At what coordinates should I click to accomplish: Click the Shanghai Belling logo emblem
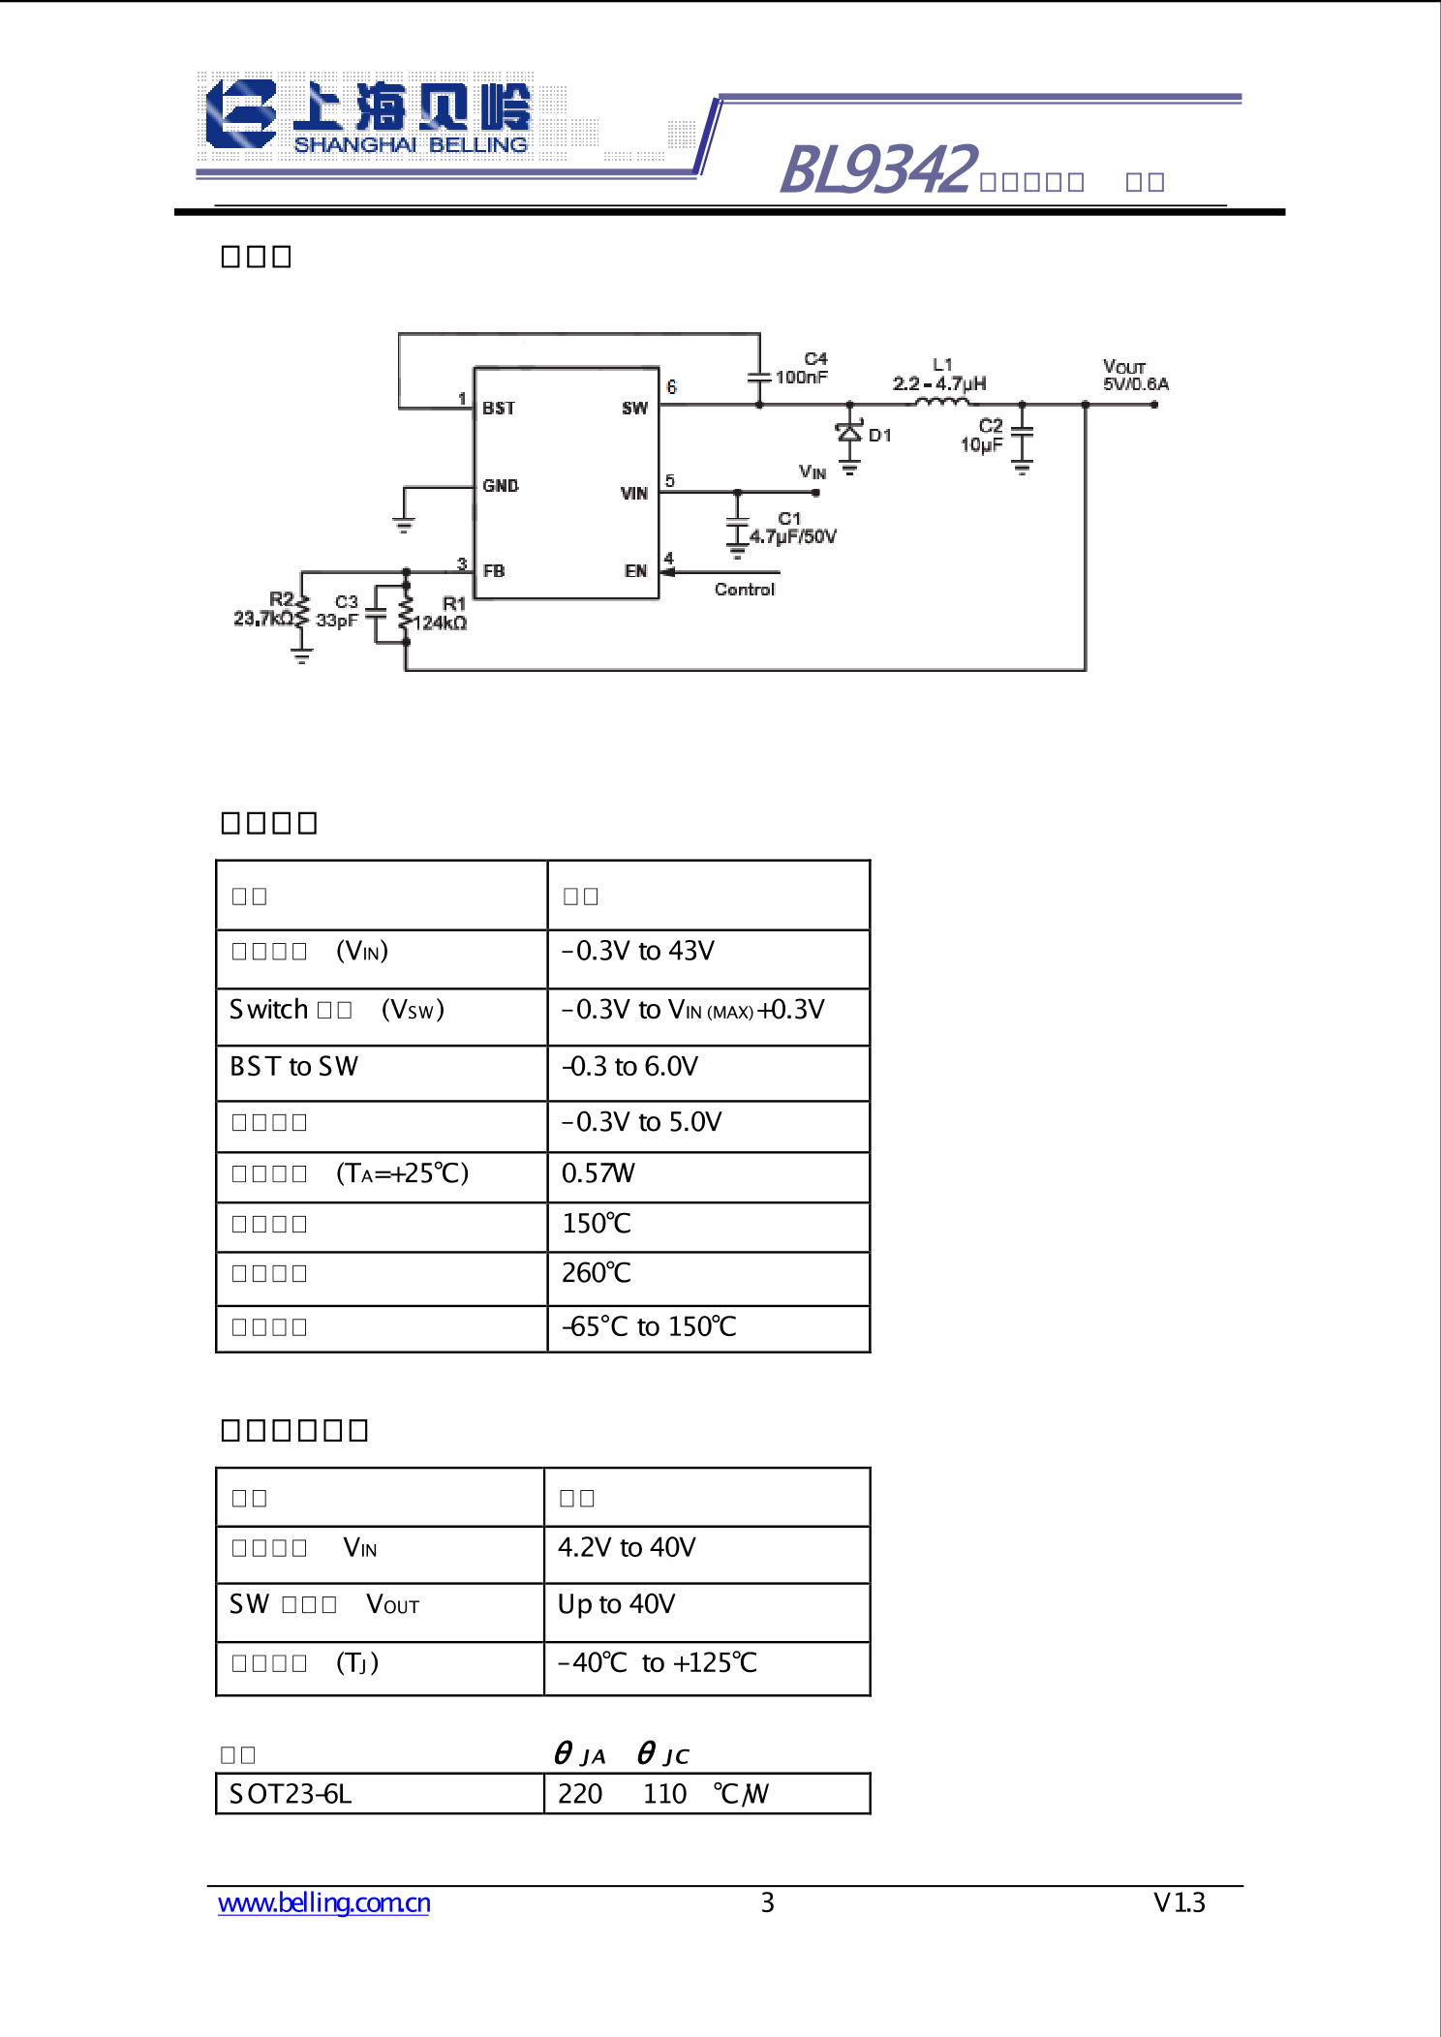tap(241, 114)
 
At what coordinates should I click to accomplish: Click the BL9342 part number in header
tap(877, 170)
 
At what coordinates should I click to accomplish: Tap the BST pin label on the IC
tap(499, 409)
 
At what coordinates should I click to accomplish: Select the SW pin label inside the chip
tap(634, 409)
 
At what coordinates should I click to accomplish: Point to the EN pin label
tap(635, 571)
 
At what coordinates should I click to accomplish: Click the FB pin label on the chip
tap(494, 571)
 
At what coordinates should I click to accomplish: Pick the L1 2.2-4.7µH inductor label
tap(939, 376)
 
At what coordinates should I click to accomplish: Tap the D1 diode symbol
tap(849, 433)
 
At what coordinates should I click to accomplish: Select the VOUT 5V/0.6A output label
tap(1135, 376)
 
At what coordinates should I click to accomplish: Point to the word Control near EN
tap(744, 590)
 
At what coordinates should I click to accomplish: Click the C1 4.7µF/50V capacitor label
tap(792, 529)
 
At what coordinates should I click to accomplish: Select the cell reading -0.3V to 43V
tap(639, 952)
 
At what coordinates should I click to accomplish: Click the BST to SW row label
tap(294, 1067)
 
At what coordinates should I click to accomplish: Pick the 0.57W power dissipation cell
tap(598, 1174)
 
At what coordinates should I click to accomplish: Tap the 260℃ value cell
tap(597, 1273)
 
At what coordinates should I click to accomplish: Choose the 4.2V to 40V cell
tap(627, 1548)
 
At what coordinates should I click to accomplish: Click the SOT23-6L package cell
tap(291, 1795)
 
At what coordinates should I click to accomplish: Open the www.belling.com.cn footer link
tap(324, 1903)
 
